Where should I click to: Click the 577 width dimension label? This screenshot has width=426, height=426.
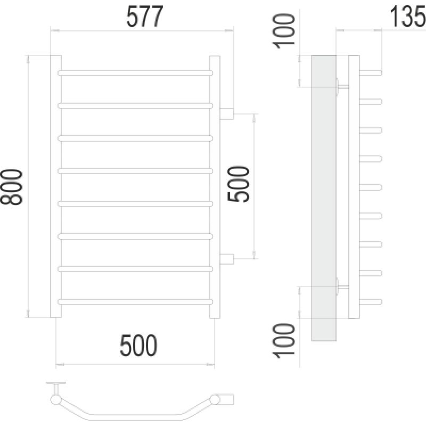tap(143, 18)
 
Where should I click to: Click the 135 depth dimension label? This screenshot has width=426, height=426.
tap(408, 18)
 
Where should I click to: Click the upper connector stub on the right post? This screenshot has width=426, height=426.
tap(227, 113)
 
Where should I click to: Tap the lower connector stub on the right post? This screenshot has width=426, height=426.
tap(227, 259)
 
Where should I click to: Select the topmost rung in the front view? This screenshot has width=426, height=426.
tap(135, 72)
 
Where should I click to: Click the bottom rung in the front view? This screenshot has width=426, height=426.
tap(135, 301)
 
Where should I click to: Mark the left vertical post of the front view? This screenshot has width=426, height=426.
tap(55, 186)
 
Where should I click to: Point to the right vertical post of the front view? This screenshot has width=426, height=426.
tap(215, 186)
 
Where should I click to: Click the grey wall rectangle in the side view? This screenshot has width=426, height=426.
tap(323, 197)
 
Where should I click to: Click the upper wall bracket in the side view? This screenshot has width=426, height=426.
tap(341, 86)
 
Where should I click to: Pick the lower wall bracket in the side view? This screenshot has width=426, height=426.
tap(341, 286)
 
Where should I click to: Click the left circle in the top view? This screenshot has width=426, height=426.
tap(55, 399)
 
